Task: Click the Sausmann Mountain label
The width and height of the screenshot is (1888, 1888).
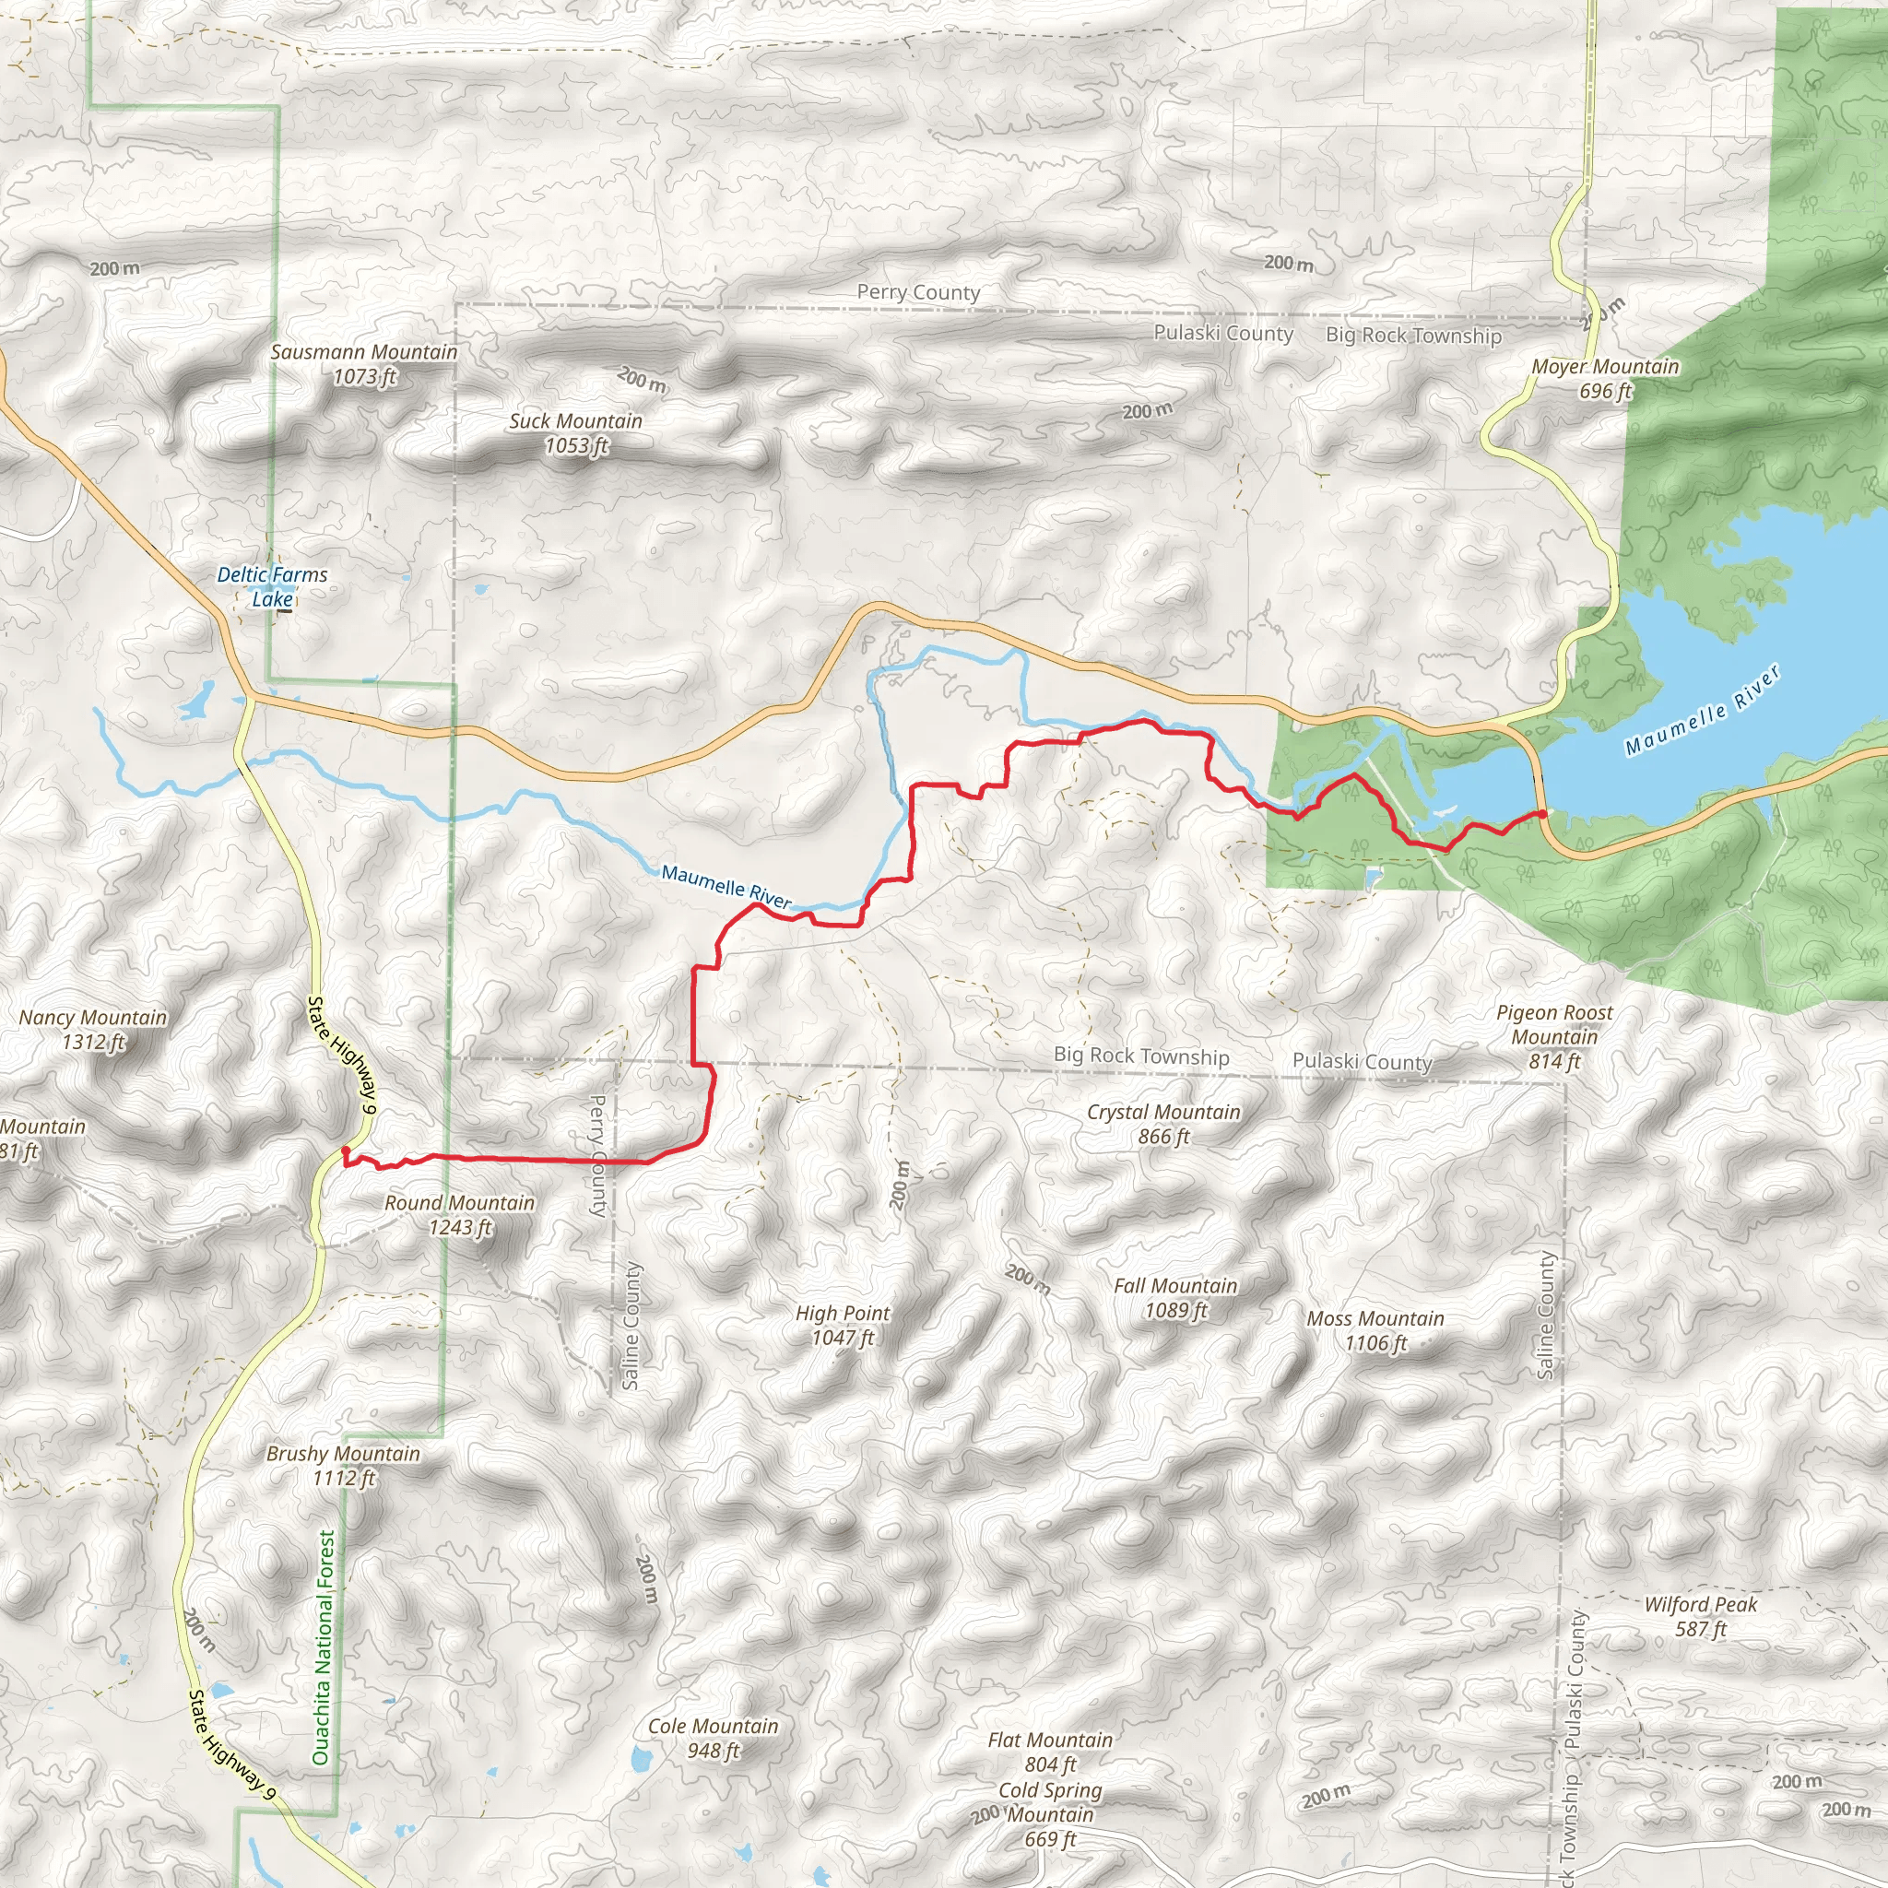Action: click(363, 363)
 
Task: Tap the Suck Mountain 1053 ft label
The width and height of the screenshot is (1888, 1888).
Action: click(575, 433)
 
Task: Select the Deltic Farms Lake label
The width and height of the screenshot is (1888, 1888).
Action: click(272, 586)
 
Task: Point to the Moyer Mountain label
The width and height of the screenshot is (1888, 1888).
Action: click(1605, 378)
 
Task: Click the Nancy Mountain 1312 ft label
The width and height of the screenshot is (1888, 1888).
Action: click(93, 1029)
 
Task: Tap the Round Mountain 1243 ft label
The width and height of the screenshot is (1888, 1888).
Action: click(459, 1215)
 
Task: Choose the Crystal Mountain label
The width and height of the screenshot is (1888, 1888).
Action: click(1162, 1124)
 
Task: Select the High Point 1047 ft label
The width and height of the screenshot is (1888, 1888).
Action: click(843, 1325)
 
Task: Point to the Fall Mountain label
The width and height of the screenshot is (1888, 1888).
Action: click(1175, 1298)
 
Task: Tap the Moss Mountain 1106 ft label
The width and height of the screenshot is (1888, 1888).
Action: click(1375, 1331)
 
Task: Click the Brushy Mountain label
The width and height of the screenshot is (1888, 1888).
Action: click(343, 1465)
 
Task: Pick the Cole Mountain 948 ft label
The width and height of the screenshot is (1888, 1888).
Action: click(714, 1739)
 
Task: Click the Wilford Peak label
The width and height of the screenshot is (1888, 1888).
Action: click(1700, 1616)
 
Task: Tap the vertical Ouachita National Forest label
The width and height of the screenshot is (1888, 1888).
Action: click(323, 1646)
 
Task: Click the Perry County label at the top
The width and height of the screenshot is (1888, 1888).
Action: click(917, 292)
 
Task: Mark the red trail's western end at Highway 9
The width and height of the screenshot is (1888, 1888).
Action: click(345, 1150)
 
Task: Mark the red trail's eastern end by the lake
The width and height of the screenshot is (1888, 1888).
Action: click(1542, 813)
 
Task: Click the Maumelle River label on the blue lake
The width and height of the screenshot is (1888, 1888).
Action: click(1704, 710)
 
